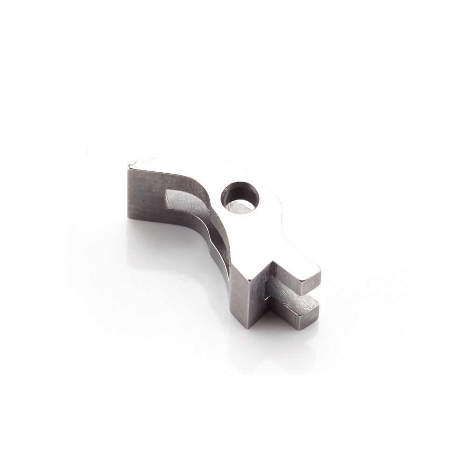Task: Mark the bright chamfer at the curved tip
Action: [140, 163]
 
